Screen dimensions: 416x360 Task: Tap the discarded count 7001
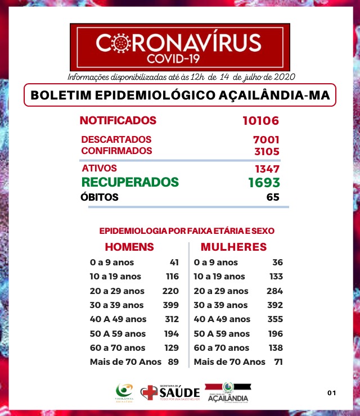click(x=266, y=139)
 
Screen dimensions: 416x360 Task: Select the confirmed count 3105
click(x=266, y=151)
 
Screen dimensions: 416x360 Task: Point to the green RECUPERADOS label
click(x=130, y=182)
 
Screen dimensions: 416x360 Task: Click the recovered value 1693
click(x=264, y=183)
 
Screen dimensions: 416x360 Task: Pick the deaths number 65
click(x=273, y=197)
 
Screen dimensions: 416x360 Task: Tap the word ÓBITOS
click(x=100, y=197)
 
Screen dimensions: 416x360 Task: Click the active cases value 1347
click(x=266, y=169)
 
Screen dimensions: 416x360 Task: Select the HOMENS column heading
click(x=129, y=247)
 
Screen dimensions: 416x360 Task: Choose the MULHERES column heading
click(x=233, y=247)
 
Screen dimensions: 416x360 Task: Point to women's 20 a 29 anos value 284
click(x=274, y=291)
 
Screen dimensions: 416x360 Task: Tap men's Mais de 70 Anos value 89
click(x=173, y=362)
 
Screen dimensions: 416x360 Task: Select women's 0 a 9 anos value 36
click(x=277, y=263)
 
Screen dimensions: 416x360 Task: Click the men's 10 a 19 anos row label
click(x=115, y=277)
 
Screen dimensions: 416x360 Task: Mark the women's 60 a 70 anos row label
click(x=221, y=348)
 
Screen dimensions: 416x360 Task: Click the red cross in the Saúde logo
click(x=148, y=392)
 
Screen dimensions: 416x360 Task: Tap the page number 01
click(x=331, y=392)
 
